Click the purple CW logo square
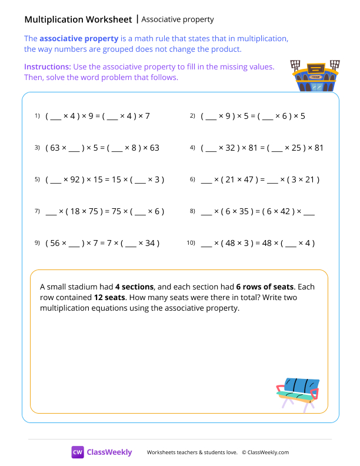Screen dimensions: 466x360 (x=78, y=452)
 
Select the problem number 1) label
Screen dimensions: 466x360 (x=36, y=116)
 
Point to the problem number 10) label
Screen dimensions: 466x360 (x=191, y=242)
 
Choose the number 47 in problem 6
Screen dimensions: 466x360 (x=247, y=179)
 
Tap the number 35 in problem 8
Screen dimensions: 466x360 (x=246, y=211)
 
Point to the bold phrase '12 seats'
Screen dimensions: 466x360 (x=109, y=297)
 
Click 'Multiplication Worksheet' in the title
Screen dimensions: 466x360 (x=78, y=19)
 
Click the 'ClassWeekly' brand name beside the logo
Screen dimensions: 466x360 (x=109, y=452)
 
